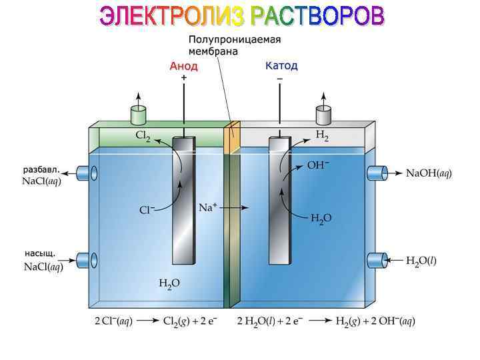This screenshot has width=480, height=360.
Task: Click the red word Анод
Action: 184,67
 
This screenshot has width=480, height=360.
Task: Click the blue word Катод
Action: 281,66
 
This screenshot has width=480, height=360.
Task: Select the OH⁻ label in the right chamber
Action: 318,165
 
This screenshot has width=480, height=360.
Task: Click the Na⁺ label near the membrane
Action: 208,207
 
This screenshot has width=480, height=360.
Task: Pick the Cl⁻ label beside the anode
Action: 147,210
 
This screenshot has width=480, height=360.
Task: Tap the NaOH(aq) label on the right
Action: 429,173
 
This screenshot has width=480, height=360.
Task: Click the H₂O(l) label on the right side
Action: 421,261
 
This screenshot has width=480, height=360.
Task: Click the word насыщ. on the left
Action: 39,253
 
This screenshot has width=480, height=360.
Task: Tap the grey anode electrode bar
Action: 183,200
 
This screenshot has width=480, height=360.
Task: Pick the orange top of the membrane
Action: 232,139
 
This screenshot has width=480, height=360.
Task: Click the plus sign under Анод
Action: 184,77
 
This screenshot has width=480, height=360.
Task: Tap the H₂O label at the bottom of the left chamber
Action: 169,283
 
